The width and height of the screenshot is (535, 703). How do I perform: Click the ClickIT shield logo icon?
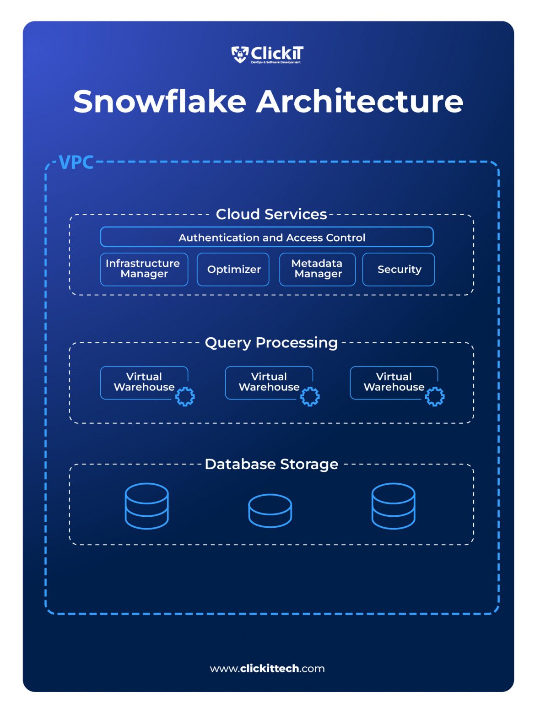tap(239, 54)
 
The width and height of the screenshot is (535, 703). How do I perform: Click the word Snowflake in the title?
tap(160, 101)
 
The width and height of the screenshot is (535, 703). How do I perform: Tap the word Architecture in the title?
tap(359, 101)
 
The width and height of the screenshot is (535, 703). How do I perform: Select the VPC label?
tap(76, 162)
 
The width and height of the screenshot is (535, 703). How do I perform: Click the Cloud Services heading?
tap(271, 214)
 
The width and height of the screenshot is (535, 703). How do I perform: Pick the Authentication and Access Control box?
tap(267, 237)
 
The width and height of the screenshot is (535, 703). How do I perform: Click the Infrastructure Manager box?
tap(144, 269)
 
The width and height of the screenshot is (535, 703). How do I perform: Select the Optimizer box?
tap(233, 269)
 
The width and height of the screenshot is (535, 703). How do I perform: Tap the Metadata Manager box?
tap(317, 269)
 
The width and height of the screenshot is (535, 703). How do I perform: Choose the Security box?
tap(399, 269)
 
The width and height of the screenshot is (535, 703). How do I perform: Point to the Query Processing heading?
tap(271, 342)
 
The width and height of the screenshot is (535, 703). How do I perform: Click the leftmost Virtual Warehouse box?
tap(143, 382)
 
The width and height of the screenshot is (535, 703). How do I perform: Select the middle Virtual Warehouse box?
tap(269, 382)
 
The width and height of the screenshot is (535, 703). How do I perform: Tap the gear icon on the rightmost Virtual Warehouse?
tap(434, 396)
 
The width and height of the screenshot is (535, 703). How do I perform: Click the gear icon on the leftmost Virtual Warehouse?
tap(185, 396)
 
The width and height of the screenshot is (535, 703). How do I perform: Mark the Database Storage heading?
tap(271, 464)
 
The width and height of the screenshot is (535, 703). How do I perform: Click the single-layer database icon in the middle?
tap(270, 510)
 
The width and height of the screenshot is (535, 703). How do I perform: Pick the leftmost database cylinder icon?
tap(146, 506)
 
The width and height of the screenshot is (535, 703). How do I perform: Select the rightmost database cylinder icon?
tap(393, 506)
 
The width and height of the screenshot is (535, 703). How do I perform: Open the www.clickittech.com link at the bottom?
tap(267, 668)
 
